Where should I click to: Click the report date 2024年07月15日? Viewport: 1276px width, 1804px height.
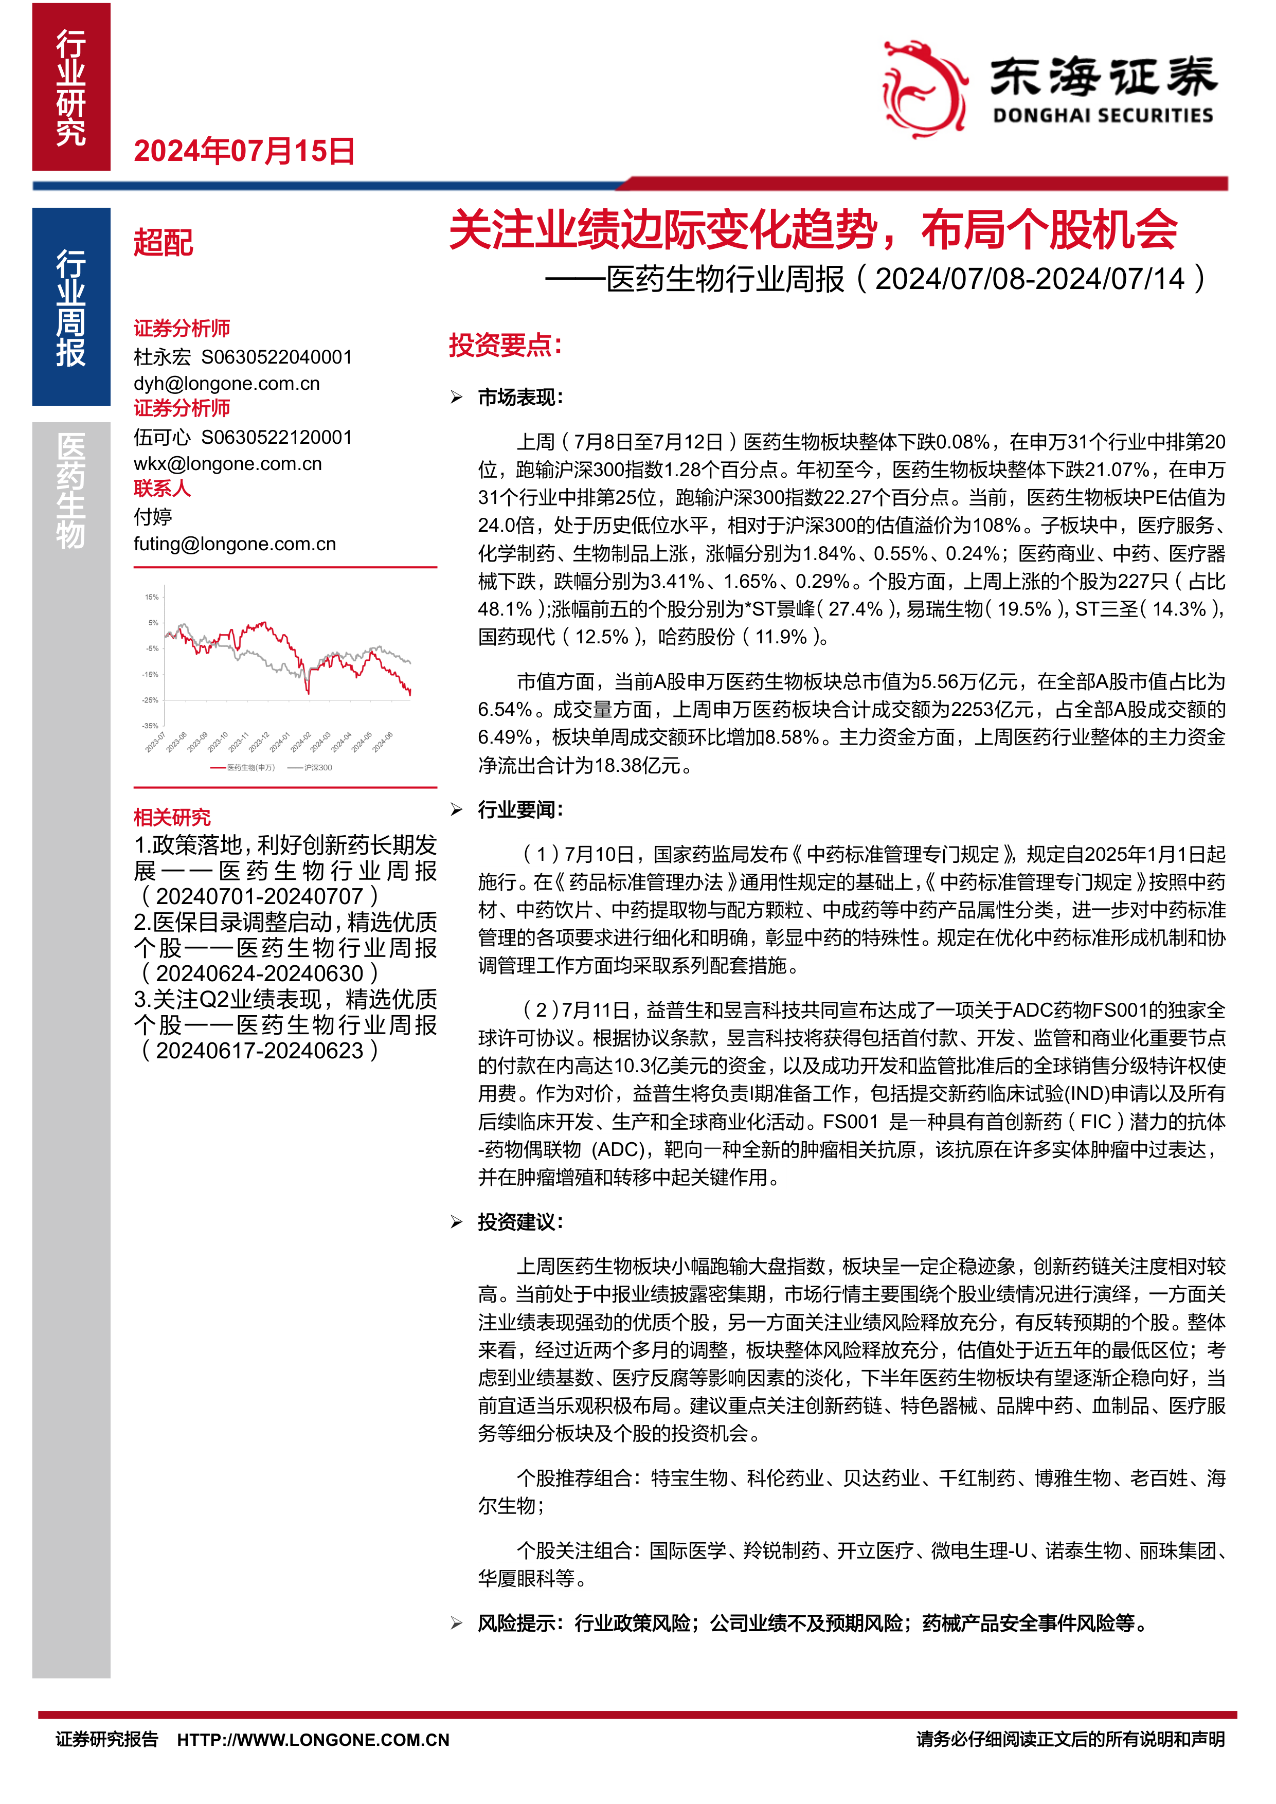244,151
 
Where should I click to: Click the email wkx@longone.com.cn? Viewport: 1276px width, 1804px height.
227,463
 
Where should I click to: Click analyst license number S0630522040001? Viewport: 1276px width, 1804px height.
277,357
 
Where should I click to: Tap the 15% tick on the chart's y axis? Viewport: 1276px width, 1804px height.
152,597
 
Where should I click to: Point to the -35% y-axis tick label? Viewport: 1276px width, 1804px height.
150,726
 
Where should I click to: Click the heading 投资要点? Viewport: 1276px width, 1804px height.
505,345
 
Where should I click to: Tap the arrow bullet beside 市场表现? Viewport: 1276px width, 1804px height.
457,398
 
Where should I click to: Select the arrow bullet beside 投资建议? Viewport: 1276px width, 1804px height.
457,1222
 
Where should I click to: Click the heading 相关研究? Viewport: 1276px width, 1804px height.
172,817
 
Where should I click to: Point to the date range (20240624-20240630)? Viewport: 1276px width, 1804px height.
259,973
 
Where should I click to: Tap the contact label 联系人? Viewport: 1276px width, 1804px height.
162,488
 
